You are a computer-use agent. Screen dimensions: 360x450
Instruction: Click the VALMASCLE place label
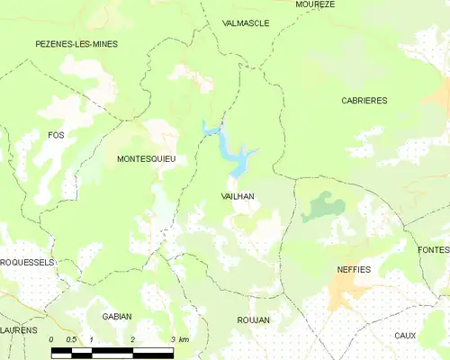point(246,23)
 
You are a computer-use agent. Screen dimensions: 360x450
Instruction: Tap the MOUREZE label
point(315,4)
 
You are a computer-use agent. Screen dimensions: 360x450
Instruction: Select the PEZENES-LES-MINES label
point(76,43)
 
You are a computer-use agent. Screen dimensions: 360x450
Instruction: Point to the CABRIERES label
point(364,101)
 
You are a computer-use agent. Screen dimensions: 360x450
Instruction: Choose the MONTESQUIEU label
point(146,158)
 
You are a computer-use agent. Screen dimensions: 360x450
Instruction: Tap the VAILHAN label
point(238,194)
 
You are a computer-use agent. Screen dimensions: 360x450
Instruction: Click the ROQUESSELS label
point(27,262)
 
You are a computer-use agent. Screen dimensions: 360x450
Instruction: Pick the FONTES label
point(434,249)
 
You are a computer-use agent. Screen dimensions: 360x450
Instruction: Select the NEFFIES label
point(354,269)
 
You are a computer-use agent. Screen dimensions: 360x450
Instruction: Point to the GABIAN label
point(117,316)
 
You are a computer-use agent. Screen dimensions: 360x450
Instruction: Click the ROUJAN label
point(253,319)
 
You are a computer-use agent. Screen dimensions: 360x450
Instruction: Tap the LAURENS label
point(19,330)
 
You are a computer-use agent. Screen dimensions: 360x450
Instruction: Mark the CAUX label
point(405,335)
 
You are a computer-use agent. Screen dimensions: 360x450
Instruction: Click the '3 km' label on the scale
point(178,339)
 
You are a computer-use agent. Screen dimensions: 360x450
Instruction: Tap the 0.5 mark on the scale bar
point(73,339)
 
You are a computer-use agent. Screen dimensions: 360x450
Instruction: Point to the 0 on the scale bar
point(53,339)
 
